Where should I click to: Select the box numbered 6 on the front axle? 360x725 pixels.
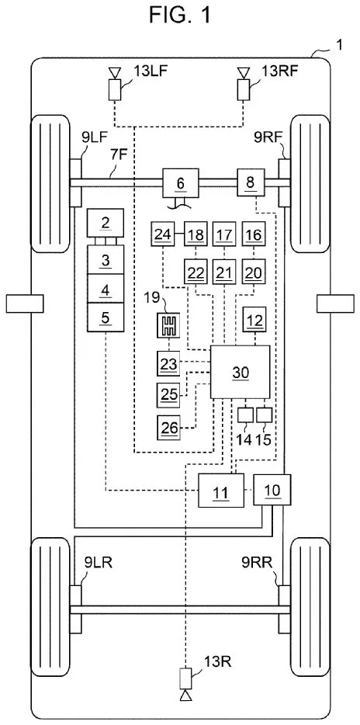[x=181, y=183]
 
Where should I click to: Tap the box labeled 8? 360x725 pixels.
[x=250, y=183]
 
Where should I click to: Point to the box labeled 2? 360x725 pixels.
[x=106, y=224]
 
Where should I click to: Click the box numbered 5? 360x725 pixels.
[x=106, y=316]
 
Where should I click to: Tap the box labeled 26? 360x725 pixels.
[x=171, y=425]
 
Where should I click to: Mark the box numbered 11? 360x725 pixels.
[x=220, y=491]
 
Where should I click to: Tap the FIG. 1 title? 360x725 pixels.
[x=180, y=16]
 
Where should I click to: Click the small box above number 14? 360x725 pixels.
[x=245, y=415]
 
